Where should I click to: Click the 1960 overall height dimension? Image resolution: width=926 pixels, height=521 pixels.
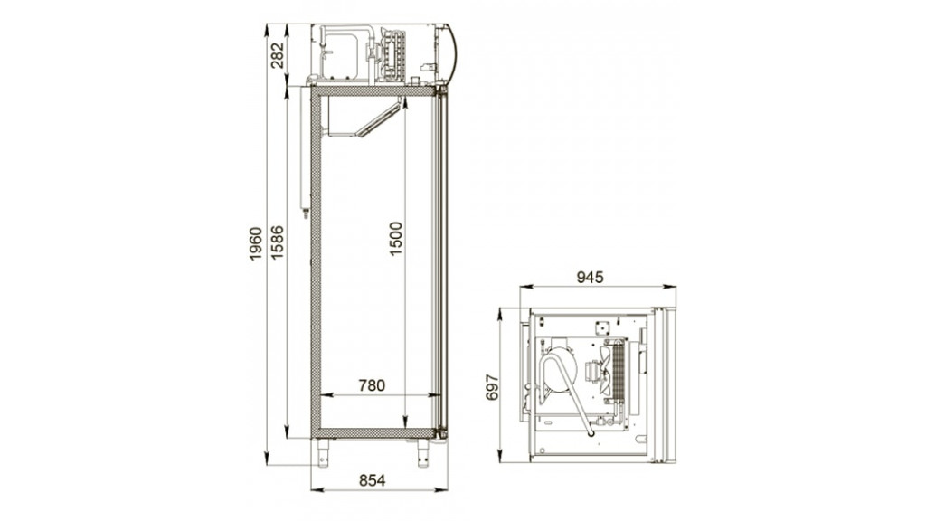click(x=256, y=244)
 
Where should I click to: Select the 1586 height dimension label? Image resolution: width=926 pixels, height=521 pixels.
click(x=277, y=242)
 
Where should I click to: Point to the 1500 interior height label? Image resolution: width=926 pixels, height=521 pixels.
click(x=396, y=238)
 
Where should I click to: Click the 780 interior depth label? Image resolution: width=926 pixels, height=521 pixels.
click(x=371, y=385)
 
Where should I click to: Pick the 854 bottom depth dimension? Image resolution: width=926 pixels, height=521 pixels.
click(x=372, y=480)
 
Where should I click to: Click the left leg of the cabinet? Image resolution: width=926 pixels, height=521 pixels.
click(x=323, y=451)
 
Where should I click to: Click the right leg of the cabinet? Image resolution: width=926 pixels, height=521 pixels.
click(x=423, y=451)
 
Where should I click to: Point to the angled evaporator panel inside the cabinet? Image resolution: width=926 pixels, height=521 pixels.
click(x=378, y=119)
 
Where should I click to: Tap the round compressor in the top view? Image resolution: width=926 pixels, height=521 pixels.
click(x=558, y=370)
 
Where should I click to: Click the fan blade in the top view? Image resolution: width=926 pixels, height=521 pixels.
click(x=593, y=372)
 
